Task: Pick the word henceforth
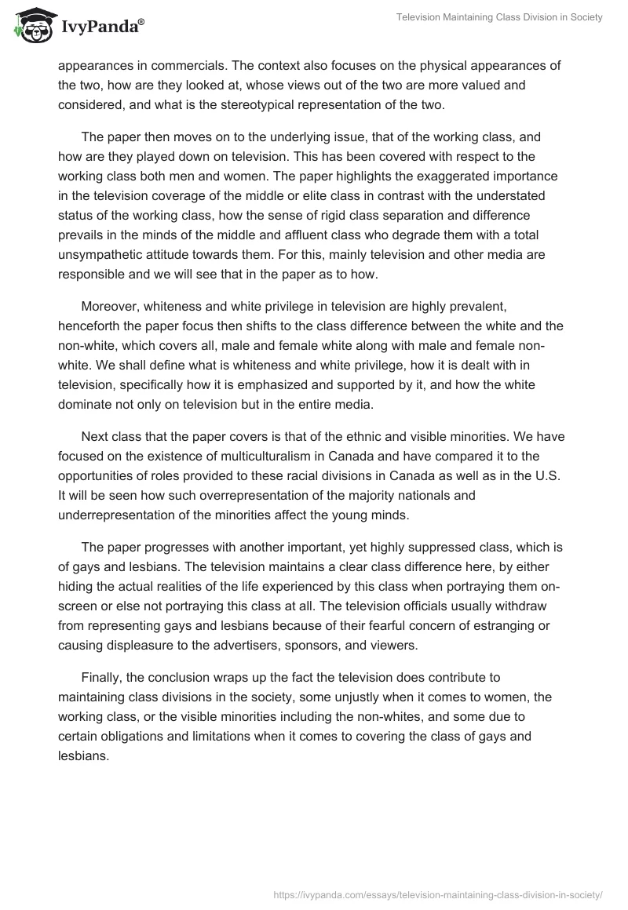tap(93, 326)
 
